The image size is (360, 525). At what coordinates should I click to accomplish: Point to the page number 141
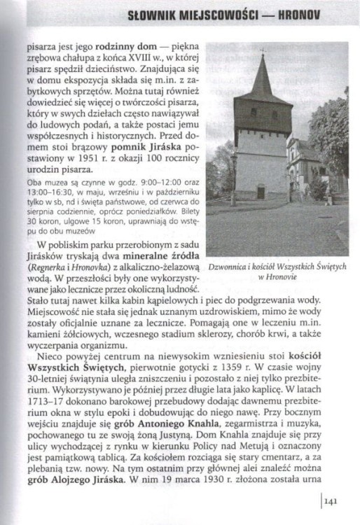[x=331, y=500]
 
